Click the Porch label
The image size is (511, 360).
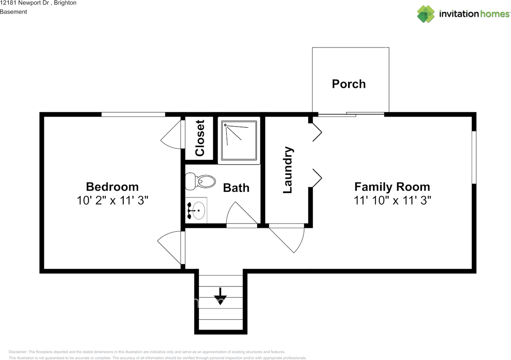click(349, 84)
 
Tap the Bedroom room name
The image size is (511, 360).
click(112, 187)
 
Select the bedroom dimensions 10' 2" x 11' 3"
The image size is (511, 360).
click(113, 201)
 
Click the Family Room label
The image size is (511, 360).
click(392, 187)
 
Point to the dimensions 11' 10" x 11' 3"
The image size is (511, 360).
click(392, 201)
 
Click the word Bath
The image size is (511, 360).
click(236, 188)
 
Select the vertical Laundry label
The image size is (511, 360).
click(288, 170)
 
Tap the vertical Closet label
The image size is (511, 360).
click(200, 138)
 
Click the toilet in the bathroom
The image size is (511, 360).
click(200, 181)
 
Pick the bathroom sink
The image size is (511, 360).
click(196, 210)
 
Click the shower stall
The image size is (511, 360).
click(239, 140)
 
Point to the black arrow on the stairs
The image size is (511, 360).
click(220, 296)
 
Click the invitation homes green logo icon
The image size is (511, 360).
click(426, 14)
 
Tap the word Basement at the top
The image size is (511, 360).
click(14, 12)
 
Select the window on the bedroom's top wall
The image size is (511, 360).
click(133, 114)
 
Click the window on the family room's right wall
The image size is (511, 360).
click(474, 157)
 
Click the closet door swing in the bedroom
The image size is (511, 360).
click(171, 135)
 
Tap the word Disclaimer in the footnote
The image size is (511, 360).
click(18, 352)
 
